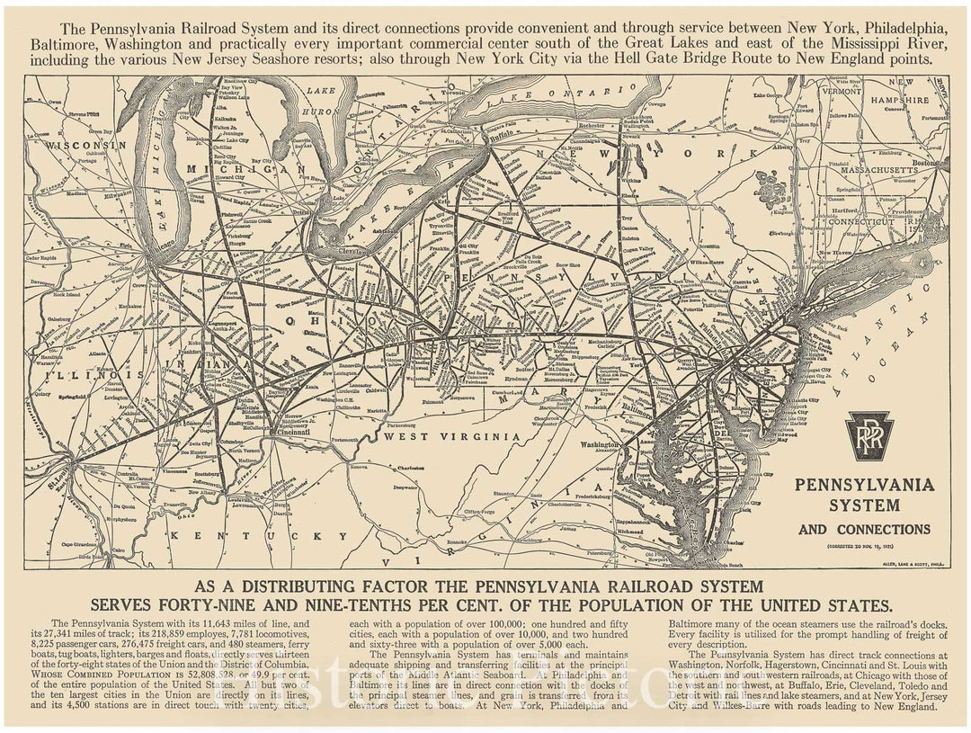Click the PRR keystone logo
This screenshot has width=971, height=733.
(x=871, y=435)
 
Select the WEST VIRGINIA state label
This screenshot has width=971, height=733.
(x=451, y=436)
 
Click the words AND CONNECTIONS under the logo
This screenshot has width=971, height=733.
(x=864, y=529)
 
